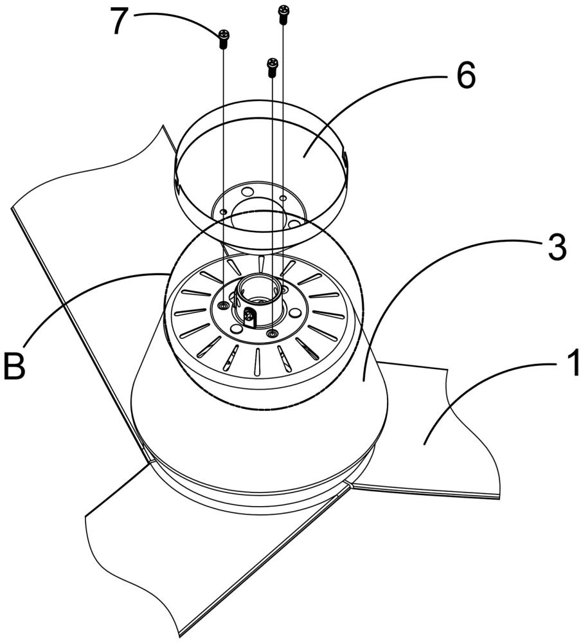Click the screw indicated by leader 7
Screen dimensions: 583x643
coord(224,39)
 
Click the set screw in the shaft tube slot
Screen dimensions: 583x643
coord(249,315)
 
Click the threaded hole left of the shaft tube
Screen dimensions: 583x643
coord(223,305)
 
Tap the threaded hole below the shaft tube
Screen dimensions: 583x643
coord(271,333)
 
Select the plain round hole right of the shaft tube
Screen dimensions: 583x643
coord(294,314)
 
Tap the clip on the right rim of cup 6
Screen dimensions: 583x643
coord(345,157)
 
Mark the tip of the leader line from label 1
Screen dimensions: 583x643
coord(424,444)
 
